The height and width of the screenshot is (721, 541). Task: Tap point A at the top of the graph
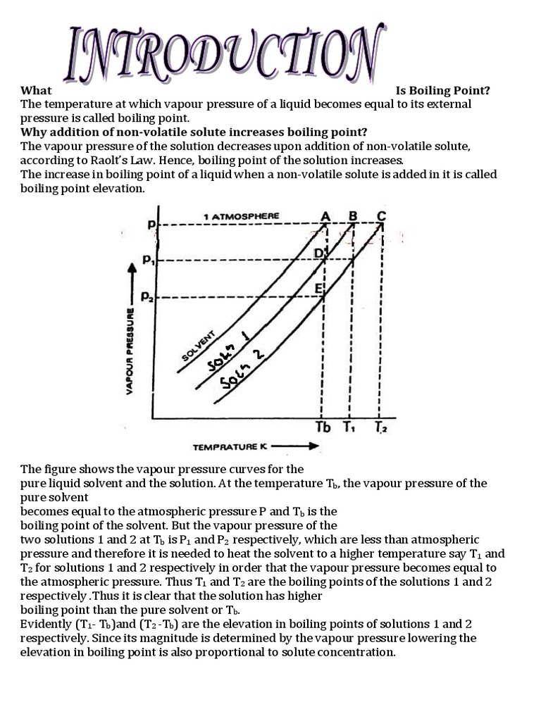[x=325, y=215]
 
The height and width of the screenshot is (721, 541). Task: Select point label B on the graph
[x=353, y=215]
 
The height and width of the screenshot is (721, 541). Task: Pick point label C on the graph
[x=381, y=215]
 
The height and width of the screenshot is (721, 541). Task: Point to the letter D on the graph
[x=318, y=252]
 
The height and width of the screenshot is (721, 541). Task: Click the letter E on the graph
[x=318, y=289]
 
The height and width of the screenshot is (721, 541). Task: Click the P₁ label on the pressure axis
[x=148, y=260]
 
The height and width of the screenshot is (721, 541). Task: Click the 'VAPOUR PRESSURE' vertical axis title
[x=130, y=350]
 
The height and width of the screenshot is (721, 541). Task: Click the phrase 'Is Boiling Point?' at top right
[x=442, y=90]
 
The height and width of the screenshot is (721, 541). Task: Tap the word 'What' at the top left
[x=36, y=90]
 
